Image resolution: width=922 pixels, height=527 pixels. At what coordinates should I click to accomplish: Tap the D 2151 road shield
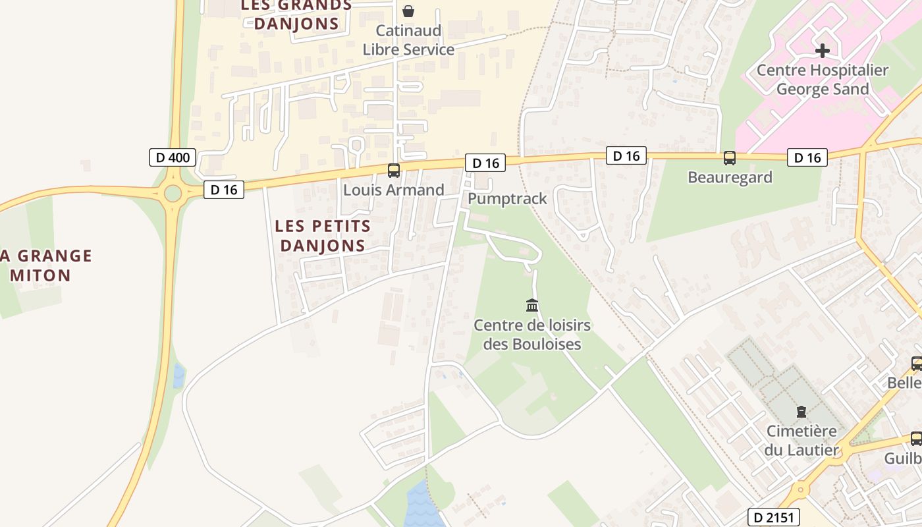point(774,517)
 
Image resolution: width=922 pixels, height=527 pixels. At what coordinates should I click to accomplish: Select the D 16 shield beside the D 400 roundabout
point(224,190)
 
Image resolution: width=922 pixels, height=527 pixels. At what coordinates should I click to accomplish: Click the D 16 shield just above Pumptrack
point(485,163)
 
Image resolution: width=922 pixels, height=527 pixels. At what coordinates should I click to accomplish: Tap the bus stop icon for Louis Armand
point(394,171)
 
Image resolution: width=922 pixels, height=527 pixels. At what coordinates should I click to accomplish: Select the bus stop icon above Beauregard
point(730,158)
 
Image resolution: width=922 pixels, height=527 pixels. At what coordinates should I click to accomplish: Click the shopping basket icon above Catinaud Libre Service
point(408,11)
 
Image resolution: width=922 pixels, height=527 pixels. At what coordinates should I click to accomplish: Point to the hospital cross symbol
point(823,50)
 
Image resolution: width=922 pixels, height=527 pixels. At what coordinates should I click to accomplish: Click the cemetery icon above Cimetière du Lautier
point(801,412)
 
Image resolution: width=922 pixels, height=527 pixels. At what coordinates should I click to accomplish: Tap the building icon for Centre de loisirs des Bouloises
point(532,305)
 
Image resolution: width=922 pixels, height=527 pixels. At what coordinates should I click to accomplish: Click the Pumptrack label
point(507,198)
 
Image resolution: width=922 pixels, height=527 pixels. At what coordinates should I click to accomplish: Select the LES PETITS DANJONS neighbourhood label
point(323,236)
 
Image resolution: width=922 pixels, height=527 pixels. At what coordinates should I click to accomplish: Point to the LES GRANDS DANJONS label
point(296,14)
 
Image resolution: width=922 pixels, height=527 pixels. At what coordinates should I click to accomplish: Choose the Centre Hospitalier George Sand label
point(823,79)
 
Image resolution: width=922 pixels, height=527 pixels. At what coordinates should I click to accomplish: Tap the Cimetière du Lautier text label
point(801,441)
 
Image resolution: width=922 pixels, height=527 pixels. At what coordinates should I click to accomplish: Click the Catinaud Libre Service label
point(408,40)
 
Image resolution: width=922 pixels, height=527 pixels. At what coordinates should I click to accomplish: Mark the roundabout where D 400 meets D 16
point(173,194)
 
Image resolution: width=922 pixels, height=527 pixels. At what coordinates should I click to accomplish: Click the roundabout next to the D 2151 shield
point(800,490)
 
